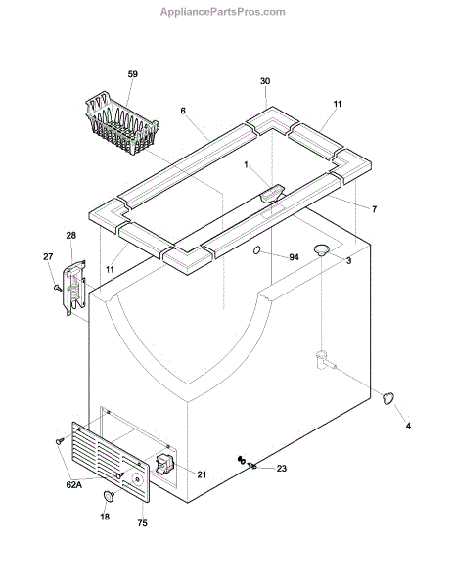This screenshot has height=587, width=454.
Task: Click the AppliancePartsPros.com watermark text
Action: (x=223, y=12)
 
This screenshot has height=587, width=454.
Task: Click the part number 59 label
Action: (x=132, y=74)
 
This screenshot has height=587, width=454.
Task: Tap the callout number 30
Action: (x=265, y=81)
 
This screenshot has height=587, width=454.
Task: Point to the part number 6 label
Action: (x=183, y=111)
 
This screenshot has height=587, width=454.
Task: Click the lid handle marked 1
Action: (x=272, y=194)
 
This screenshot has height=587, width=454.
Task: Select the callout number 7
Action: (x=375, y=209)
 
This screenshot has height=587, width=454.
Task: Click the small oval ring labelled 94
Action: (x=256, y=250)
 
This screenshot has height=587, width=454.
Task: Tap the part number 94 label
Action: (x=294, y=257)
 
